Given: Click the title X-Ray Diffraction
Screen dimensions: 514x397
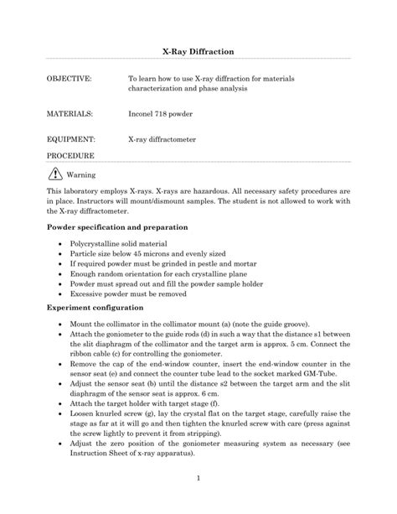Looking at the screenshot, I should [198, 51].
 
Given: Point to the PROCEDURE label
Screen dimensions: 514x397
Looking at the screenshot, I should [70, 157].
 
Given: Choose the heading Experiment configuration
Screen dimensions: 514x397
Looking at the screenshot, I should [98, 308].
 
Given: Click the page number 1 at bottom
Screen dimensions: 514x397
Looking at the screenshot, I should [198, 478].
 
